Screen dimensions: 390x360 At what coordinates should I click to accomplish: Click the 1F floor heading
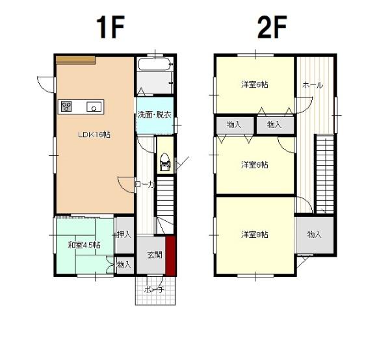tap(110, 27)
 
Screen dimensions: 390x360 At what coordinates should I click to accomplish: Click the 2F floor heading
tap(272, 27)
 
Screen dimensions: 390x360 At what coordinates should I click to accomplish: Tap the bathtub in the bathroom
tap(154, 64)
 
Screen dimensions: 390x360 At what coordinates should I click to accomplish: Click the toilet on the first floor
tap(164, 162)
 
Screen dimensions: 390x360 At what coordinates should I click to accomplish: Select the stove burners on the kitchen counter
tap(66, 107)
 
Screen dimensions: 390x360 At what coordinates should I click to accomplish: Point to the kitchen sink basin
tap(94, 107)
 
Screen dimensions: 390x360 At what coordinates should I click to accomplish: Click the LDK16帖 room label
tap(94, 135)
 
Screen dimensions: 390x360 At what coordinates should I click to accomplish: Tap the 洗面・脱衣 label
tap(155, 116)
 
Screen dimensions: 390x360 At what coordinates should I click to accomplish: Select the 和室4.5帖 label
tap(84, 245)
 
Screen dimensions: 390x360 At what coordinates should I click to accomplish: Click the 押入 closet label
tap(124, 234)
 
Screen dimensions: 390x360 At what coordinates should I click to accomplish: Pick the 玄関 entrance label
tap(155, 255)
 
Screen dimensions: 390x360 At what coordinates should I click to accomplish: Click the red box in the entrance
tap(171, 255)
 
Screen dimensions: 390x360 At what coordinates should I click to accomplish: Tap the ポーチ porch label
tap(154, 290)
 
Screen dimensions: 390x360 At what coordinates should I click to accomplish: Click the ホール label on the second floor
tap(313, 85)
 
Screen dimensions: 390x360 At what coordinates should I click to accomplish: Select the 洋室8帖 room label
tap(254, 235)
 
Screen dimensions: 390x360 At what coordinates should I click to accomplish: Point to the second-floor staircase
tap(325, 174)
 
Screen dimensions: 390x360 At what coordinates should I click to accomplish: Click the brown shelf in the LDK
tap(75, 60)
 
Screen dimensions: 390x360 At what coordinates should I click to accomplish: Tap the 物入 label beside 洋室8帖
tap(315, 234)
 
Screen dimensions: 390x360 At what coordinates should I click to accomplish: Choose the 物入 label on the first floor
tap(124, 264)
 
